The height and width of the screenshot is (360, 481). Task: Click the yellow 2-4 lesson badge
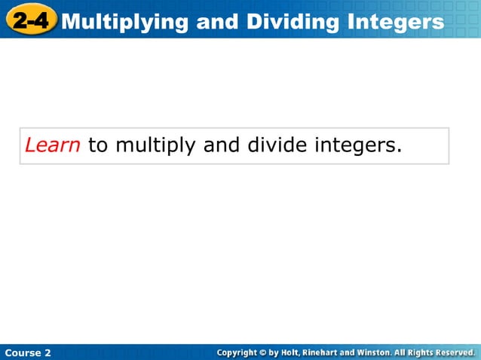[31, 21]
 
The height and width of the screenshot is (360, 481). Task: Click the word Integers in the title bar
[397, 22]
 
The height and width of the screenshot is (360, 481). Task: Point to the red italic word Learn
[53, 145]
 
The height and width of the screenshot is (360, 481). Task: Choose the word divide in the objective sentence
[277, 145]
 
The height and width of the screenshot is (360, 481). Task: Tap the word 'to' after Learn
[98, 145]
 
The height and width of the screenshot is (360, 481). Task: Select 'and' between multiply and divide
[221, 145]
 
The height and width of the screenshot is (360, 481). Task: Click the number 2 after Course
[47, 352]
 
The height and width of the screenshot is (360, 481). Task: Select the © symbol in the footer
[264, 352]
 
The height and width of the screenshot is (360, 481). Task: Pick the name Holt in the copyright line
[293, 352]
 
